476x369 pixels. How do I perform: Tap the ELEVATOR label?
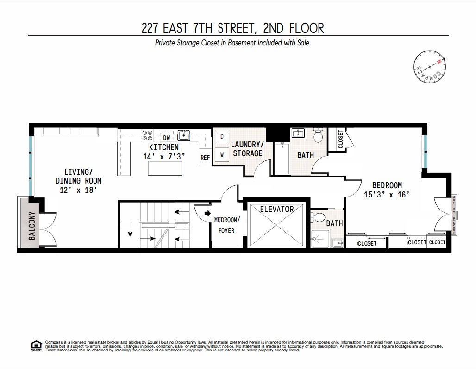(277, 209)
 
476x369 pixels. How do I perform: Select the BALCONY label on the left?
(31, 225)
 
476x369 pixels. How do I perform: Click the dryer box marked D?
(222, 136)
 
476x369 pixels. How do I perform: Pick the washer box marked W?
(222, 154)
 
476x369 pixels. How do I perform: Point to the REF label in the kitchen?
(205, 158)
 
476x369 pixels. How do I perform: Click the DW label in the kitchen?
(167, 138)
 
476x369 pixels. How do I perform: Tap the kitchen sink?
(184, 135)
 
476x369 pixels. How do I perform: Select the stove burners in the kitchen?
(148, 135)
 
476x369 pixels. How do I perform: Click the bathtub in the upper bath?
(282, 159)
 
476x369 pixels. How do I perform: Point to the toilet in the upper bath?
(318, 136)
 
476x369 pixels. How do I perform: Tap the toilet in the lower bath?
(319, 217)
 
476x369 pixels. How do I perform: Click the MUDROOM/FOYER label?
(226, 225)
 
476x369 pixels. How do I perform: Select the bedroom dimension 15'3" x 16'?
(387, 195)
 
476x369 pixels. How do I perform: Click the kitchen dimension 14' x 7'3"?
(164, 156)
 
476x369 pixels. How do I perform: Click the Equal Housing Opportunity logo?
(36, 345)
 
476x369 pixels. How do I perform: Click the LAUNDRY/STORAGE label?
(247, 149)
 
